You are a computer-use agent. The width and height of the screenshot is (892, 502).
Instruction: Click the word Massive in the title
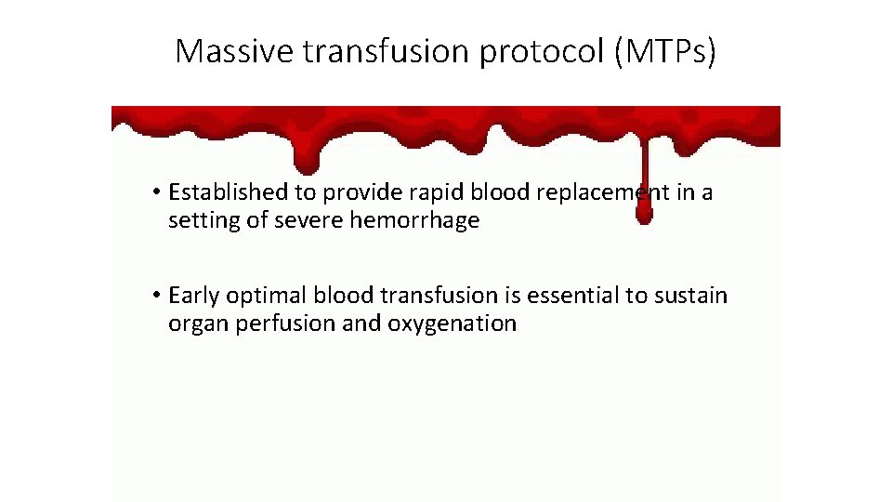(x=233, y=51)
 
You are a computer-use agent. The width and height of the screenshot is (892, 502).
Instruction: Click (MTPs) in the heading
(x=663, y=52)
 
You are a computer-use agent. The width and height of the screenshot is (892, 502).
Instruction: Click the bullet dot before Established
(x=159, y=192)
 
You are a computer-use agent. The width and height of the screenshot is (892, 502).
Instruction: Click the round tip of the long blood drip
(x=643, y=215)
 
